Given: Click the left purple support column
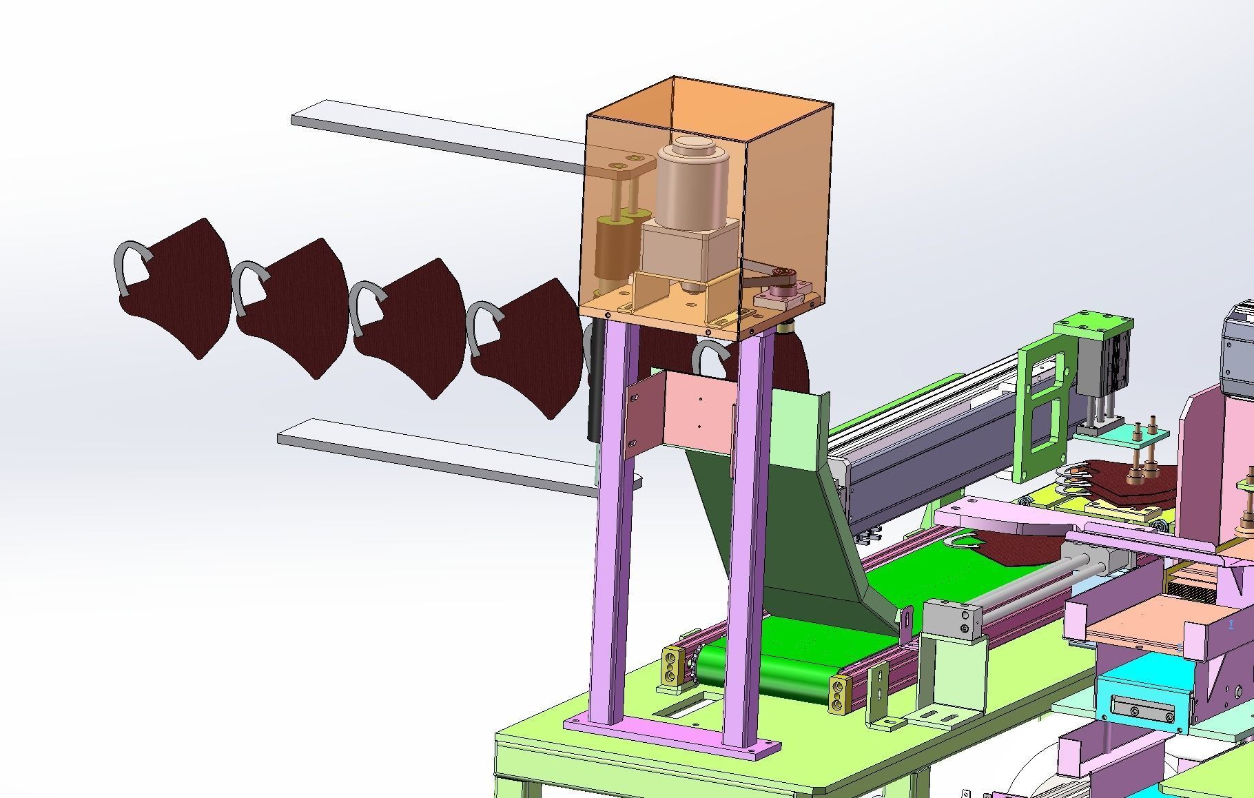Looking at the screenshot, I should coord(610,524).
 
